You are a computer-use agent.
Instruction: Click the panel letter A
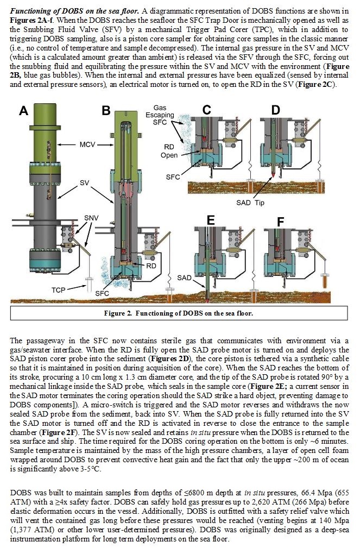(x=23, y=111)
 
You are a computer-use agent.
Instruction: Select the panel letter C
(x=207, y=110)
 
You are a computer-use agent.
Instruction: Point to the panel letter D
(x=276, y=110)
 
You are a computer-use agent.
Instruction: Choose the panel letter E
(x=210, y=221)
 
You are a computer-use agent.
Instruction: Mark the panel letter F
(x=281, y=222)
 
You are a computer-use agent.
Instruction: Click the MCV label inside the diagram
(x=87, y=144)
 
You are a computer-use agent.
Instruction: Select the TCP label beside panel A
(x=59, y=290)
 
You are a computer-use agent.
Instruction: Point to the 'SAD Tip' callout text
(x=250, y=203)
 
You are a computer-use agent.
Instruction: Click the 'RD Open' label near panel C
(x=169, y=151)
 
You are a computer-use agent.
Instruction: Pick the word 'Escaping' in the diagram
(x=160, y=115)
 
